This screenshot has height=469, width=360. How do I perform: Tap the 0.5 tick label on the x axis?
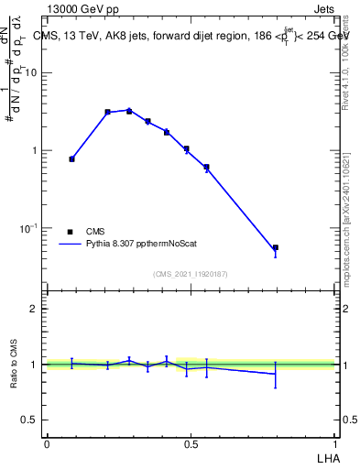point(191,443)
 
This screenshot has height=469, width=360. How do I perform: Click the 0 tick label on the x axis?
point(47,443)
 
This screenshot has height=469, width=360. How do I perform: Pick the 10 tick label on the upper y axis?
point(30,73)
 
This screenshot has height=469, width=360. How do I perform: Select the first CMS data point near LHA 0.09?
point(71,158)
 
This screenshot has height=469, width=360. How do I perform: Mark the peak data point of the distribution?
point(129,111)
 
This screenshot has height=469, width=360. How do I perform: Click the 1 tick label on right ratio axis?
point(344,365)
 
